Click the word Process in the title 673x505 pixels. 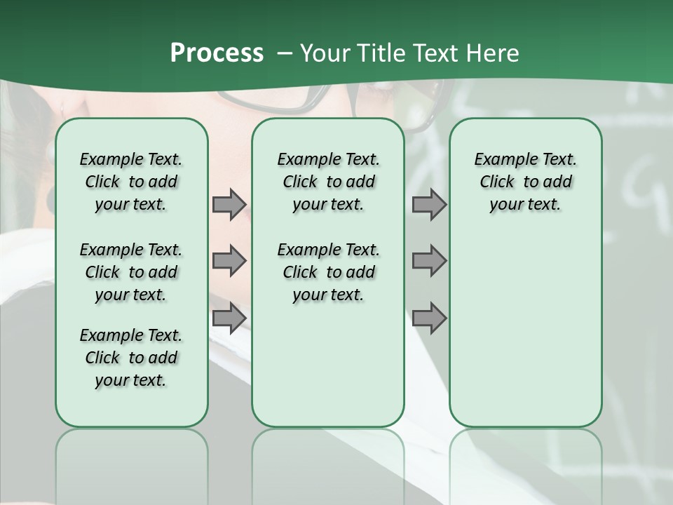click(217, 53)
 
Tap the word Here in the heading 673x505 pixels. click(493, 53)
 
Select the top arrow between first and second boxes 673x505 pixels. click(229, 205)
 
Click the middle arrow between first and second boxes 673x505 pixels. click(229, 261)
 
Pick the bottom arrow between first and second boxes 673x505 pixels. click(229, 318)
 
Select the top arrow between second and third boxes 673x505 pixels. click(429, 205)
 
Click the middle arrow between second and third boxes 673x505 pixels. click(429, 261)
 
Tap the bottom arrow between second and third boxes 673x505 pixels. click(429, 318)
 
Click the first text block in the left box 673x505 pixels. click(131, 182)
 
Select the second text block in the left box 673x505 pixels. click(131, 272)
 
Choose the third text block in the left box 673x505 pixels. click(131, 358)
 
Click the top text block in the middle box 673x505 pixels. click(328, 182)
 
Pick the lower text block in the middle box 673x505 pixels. click(328, 272)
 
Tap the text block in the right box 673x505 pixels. click(525, 182)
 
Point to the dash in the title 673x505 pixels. click(284, 54)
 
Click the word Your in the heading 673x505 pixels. click(325, 53)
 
